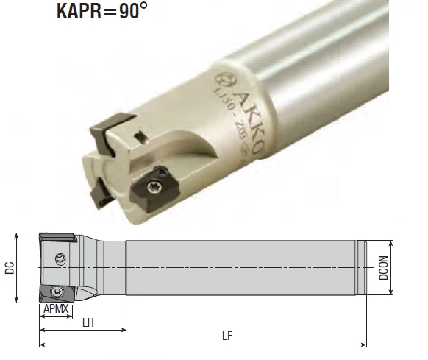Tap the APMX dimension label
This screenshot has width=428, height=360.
tap(56, 309)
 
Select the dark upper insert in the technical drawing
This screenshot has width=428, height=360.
tap(57, 237)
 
